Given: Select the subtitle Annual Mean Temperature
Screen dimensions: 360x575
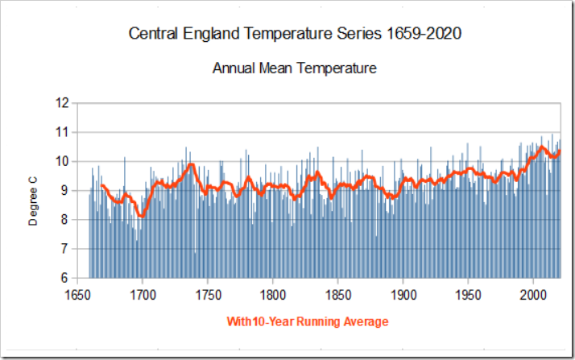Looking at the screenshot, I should point(295,68).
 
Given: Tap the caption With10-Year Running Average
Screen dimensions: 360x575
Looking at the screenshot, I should point(308,322).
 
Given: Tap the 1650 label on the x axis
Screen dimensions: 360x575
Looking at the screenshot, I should point(77,294).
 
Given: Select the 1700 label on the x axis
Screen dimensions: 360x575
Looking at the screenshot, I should point(143,294).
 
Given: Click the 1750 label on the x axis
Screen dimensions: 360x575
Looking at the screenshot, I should point(208,294).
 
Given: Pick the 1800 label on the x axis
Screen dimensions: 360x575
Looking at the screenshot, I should point(273,294).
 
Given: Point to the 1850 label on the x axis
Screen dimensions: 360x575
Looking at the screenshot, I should point(338,294).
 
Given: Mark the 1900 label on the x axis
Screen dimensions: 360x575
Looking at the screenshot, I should point(403,294).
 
